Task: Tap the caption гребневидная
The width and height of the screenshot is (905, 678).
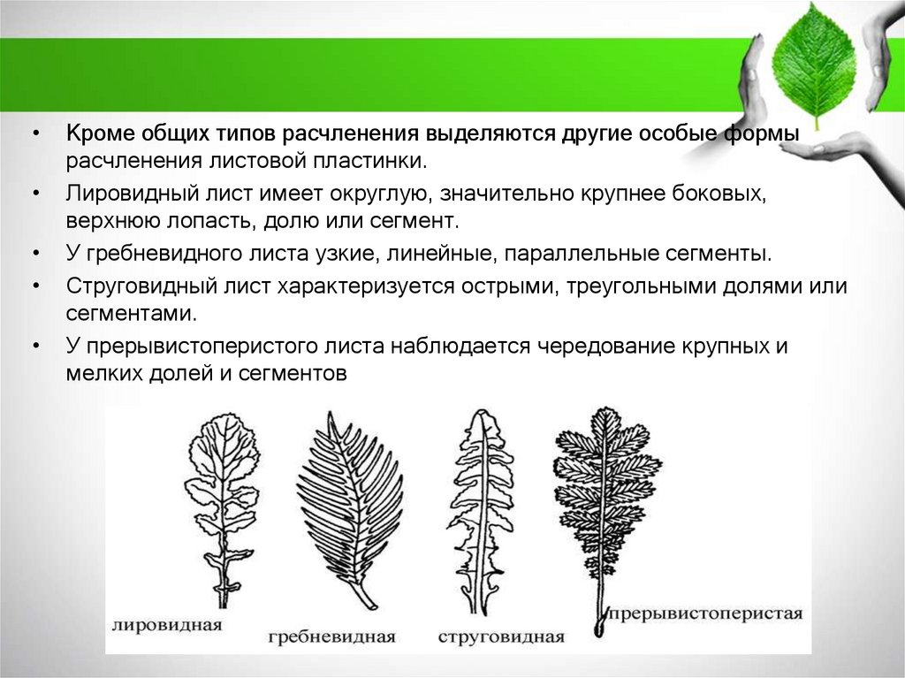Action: tap(331, 636)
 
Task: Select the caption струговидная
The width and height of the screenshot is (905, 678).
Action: tap(499, 636)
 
